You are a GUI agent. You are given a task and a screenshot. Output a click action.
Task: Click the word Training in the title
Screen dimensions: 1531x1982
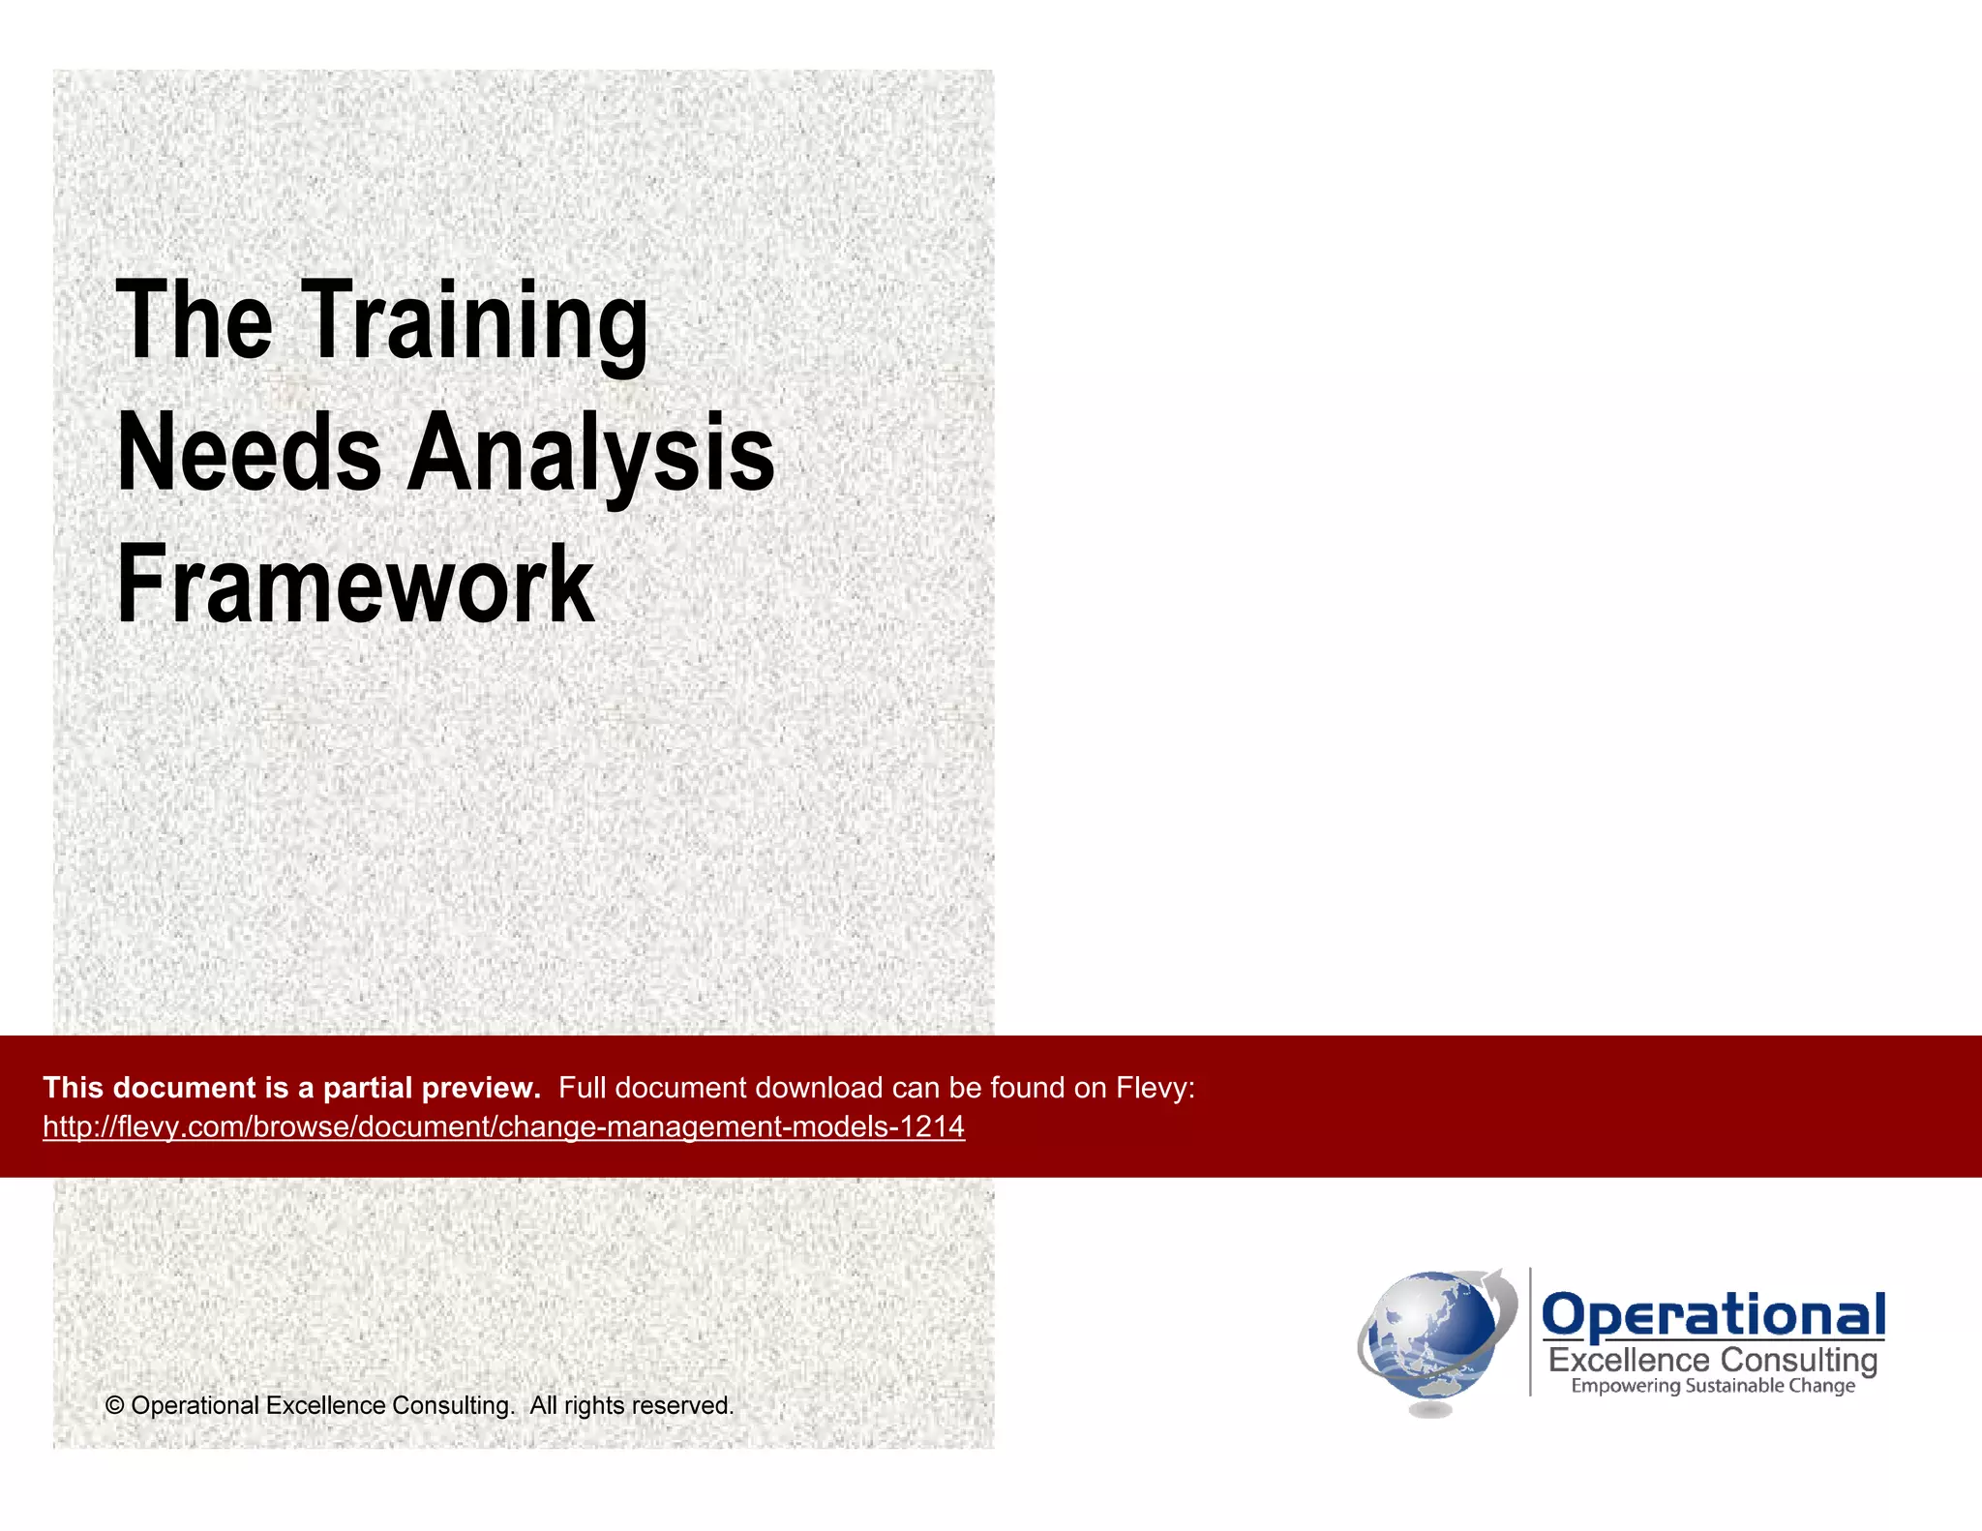[x=477, y=322]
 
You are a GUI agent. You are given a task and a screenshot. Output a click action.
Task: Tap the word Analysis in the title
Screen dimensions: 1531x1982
[x=590, y=453]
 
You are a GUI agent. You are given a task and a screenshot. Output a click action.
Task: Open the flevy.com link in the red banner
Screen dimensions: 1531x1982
[x=503, y=1126]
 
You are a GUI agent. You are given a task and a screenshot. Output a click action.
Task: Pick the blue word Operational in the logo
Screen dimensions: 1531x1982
[x=1713, y=1315]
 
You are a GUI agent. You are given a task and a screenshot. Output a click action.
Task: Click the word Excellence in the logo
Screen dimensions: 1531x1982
[x=1629, y=1360]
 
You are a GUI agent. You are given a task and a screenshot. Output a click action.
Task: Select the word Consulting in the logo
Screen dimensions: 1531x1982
[x=1798, y=1360]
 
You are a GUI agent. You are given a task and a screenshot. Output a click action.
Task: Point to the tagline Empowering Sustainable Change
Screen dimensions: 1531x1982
[x=1713, y=1386]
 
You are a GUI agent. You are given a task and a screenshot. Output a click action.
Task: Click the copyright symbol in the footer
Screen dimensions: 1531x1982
[x=114, y=1405]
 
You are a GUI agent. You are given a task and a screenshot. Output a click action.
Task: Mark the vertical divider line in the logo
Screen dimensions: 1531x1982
[x=1530, y=1332]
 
